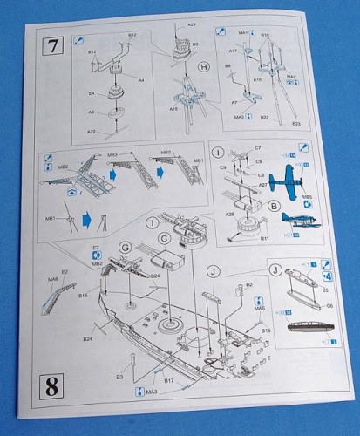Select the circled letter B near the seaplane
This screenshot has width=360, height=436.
[x=275, y=205]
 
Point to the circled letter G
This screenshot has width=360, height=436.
[x=125, y=249]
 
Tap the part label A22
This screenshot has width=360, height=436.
[x=91, y=132]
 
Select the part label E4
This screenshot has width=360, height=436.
[x=92, y=92]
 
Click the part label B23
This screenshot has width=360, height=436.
[x=295, y=124]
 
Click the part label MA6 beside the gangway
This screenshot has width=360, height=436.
[x=52, y=278]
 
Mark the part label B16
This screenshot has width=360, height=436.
[x=267, y=331]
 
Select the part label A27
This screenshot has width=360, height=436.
[x=262, y=185]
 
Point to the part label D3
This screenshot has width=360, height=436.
[x=194, y=43]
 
